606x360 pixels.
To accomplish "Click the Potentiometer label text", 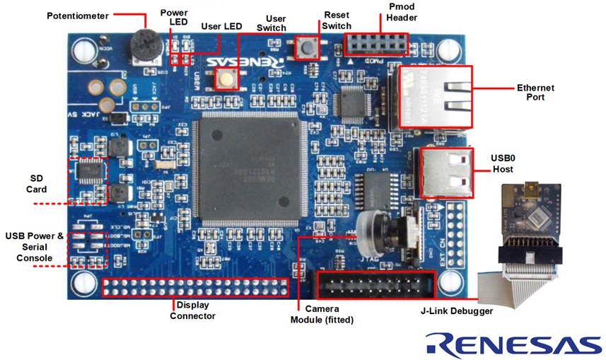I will (x=78, y=15).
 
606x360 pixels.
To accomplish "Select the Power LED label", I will (x=174, y=18).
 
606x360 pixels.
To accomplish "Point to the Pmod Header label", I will (x=402, y=12).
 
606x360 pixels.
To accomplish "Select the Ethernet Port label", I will (x=535, y=92).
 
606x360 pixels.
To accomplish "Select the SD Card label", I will (x=38, y=184).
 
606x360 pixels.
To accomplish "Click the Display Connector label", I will (x=192, y=310).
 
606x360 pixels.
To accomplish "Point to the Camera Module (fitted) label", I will (x=322, y=314).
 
